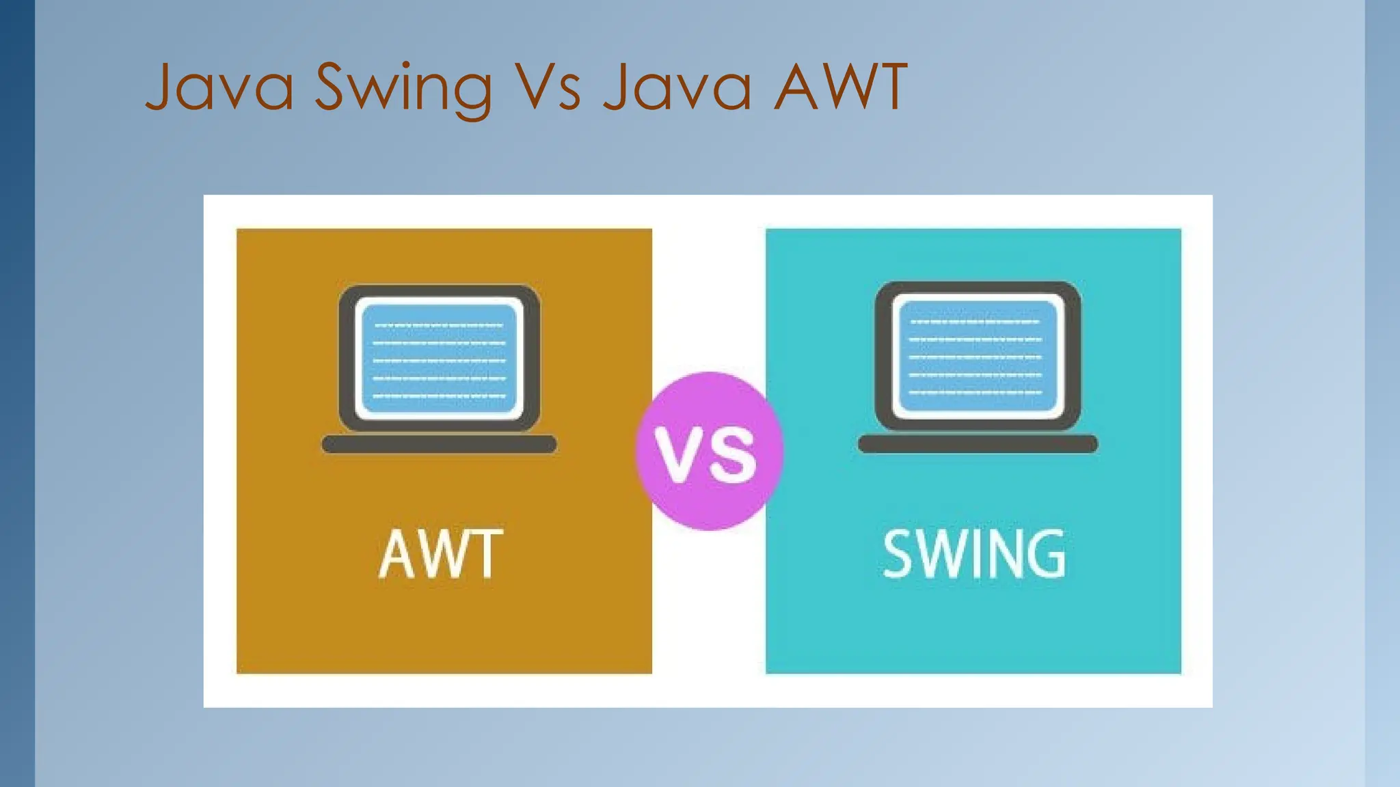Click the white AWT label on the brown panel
click(441, 554)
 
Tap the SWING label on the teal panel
click(974, 554)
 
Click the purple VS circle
click(709, 451)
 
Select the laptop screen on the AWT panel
click(439, 358)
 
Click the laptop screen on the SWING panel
click(978, 355)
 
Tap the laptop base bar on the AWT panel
click(439, 444)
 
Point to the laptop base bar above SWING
click(978, 444)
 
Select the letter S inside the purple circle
click(733, 456)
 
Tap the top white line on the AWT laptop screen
click(439, 325)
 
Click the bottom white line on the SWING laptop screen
click(976, 393)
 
